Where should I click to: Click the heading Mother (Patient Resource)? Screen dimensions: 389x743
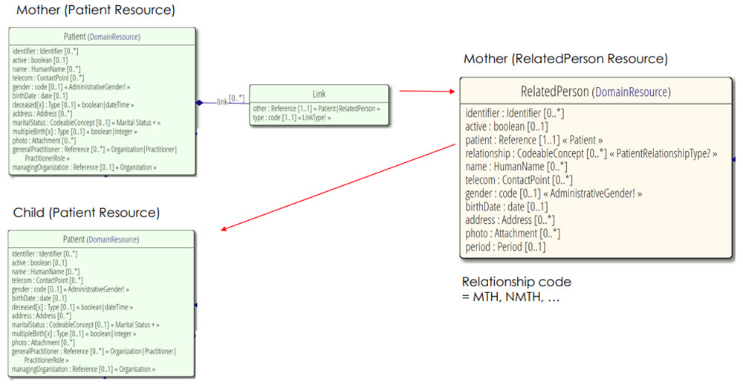point(96,11)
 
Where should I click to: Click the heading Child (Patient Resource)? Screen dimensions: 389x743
point(86,213)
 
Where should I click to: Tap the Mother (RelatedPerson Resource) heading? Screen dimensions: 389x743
point(565,59)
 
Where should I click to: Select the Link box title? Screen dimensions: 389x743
point(319,95)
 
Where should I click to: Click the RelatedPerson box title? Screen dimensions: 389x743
point(594,92)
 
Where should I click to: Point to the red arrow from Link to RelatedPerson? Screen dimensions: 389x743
point(428,91)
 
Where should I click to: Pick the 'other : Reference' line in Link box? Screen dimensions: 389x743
point(316,108)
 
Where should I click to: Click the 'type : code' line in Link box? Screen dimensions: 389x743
point(291,118)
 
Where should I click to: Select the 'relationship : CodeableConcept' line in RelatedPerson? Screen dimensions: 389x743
point(591,153)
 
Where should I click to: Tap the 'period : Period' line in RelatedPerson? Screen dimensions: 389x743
point(505,247)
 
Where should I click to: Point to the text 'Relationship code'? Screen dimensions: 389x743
point(516,282)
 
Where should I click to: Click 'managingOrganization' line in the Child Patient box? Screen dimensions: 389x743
point(84,369)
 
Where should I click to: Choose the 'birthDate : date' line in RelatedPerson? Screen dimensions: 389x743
point(507,207)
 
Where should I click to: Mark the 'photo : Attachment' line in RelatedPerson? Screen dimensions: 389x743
point(513,234)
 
